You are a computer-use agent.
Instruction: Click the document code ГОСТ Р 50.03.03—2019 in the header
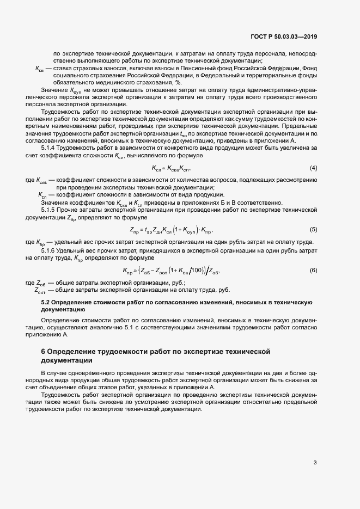pos(284,37)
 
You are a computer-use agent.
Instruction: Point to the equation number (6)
pos(313,271)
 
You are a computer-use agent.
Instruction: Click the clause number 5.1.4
pos(51,148)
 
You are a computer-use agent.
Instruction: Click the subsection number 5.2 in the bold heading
pos(46,301)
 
